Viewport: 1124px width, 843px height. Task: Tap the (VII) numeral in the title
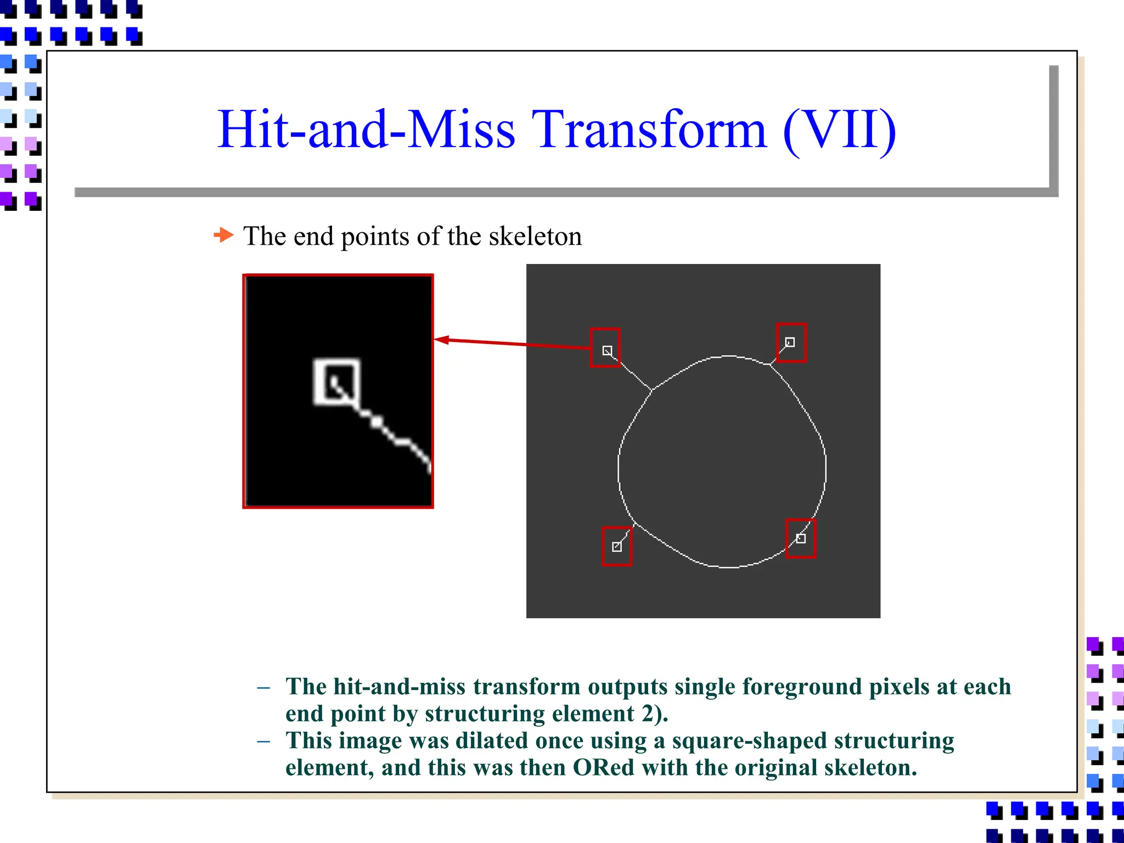point(839,131)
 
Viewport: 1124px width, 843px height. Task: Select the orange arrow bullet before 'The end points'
point(223,235)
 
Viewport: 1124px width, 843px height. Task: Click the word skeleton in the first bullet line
point(535,237)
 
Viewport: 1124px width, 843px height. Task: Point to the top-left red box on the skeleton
point(605,347)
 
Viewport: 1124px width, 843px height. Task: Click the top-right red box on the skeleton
point(791,342)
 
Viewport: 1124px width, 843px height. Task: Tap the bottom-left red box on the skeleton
point(617,546)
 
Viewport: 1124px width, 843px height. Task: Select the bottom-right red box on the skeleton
point(800,538)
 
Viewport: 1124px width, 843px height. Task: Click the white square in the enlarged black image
point(336,381)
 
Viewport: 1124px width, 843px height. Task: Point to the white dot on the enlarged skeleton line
point(376,421)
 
